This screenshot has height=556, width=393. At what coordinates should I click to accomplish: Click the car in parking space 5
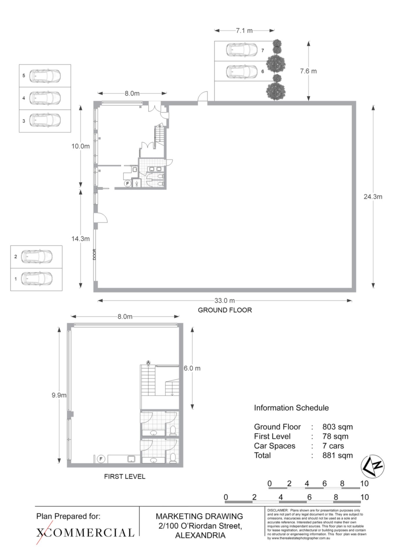tap(45, 76)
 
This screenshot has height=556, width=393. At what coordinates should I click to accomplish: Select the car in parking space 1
tap(36, 279)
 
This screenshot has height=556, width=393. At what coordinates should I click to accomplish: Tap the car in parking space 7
tap(242, 50)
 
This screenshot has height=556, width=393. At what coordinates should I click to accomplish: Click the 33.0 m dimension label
tap(224, 301)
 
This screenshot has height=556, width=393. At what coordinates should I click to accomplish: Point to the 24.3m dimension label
tap(373, 197)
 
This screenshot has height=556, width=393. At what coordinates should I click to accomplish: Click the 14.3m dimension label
tap(81, 239)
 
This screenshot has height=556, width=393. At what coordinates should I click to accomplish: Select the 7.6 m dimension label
tap(308, 71)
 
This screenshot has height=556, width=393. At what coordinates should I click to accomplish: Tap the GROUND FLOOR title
tap(225, 310)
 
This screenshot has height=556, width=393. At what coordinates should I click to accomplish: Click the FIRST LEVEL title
tap(125, 476)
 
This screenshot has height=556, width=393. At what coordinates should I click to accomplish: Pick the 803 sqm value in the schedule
tap(338, 427)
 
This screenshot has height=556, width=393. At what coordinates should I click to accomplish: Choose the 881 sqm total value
tap(338, 455)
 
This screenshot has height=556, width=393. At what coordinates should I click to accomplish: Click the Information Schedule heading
tap(291, 408)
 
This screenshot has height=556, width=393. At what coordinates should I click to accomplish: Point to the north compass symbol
tap(373, 466)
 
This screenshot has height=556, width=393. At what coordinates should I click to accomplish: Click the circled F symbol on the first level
tap(101, 459)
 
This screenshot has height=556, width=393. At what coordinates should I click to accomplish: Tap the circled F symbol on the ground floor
tap(127, 183)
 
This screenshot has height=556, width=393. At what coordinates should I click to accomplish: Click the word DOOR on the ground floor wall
tap(94, 255)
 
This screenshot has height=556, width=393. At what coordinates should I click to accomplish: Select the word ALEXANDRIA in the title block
tap(200, 535)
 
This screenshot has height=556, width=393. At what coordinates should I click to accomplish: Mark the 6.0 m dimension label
tap(192, 368)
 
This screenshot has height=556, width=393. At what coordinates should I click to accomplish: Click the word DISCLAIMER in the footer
tap(278, 510)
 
